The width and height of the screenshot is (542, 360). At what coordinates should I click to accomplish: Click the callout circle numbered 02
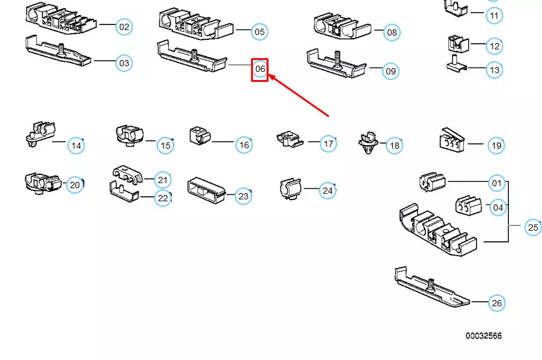click(124, 26)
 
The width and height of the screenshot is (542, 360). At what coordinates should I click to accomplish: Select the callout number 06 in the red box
click(260, 69)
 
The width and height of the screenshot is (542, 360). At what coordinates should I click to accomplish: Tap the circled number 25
click(532, 227)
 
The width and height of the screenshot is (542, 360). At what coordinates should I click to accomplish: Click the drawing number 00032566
click(483, 336)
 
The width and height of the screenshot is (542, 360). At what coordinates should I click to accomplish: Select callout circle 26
click(496, 303)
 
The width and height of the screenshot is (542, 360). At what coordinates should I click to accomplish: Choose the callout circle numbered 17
click(328, 144)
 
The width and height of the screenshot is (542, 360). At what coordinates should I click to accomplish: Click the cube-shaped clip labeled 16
click(200, 135)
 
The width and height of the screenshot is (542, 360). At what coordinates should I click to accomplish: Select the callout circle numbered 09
click(390, 71)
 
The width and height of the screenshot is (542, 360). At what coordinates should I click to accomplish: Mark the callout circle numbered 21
click(162, 180)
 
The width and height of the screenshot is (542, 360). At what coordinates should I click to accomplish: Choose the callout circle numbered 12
click(494, 46)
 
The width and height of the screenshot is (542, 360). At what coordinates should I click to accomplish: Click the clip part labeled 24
click(289, 188)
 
